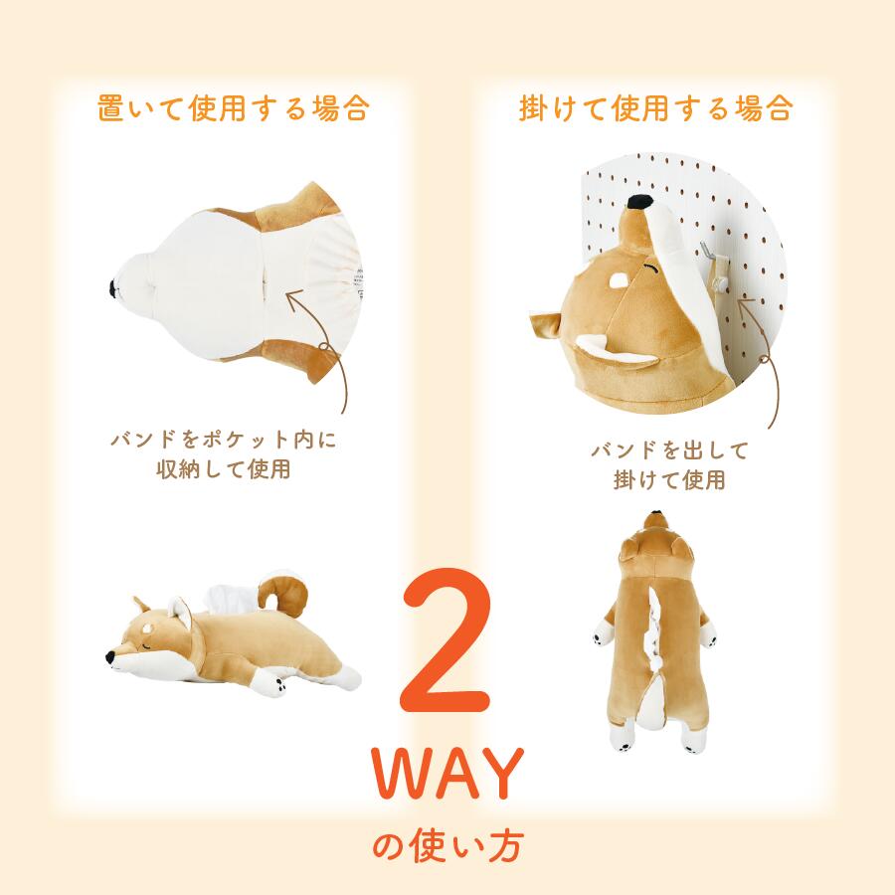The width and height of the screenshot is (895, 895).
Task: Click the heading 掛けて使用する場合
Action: tap(656, 107)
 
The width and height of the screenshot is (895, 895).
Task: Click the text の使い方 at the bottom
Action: tap(447, 847)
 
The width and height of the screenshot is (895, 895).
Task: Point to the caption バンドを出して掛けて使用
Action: tap(668, 465)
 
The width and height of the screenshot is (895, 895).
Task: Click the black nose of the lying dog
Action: tap(109, 657)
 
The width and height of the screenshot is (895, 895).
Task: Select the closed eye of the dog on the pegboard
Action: tap(651, 268)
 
